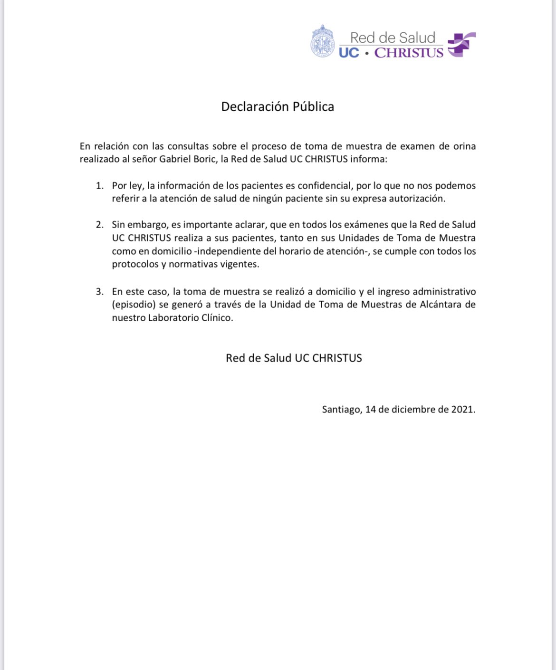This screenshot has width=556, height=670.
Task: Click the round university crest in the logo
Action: coord(323,42)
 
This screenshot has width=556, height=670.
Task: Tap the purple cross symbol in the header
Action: coord(461,45)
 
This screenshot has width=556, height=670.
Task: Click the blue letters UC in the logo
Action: coord(349,53)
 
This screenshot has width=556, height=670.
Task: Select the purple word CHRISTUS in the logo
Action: coord(409,53)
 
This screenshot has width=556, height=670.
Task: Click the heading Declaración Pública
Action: coord(278,106)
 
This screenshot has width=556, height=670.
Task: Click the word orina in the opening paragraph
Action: coord(464,146)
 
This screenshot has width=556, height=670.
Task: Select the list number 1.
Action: coord(99,186)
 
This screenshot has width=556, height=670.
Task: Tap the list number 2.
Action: coord(99,225)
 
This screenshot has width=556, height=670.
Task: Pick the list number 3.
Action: coord(99,291)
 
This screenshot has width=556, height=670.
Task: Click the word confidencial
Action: coord(324,186)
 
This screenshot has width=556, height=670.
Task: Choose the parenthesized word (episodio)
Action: coord(134,305)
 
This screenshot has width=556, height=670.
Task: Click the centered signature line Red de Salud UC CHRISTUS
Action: coord(294,358)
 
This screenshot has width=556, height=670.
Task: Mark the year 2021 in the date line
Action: coord(462,409)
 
